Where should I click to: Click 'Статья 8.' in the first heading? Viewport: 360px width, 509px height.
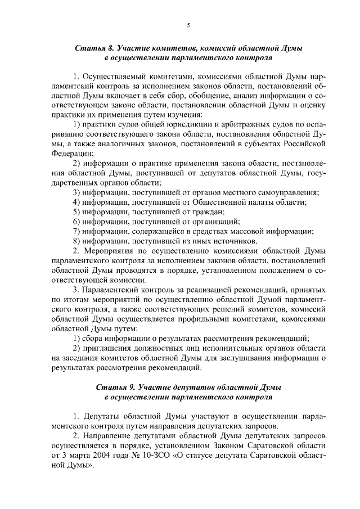(92, 49)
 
